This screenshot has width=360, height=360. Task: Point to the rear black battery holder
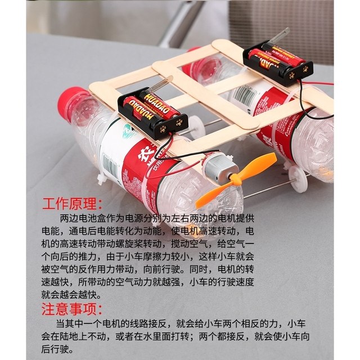(277, 63)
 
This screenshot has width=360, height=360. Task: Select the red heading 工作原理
(73, 204)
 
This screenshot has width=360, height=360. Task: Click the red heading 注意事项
(73, 309)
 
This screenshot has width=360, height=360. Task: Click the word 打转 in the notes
(198, 337)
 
